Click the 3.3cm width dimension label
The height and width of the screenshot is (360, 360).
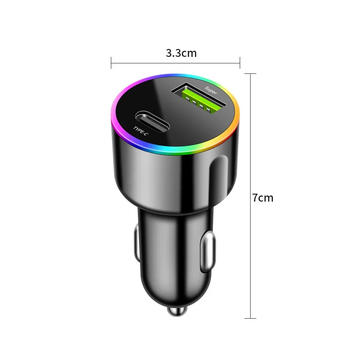point(181,53)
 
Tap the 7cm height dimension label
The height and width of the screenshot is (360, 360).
point(263,198)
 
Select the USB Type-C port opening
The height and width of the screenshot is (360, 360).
point(152,121)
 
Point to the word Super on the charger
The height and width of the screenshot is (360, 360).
point(211,90)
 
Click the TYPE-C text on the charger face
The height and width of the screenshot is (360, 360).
point(140,131)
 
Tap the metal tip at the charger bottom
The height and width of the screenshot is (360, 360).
point(177,311)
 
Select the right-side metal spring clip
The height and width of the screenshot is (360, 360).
point(208,251)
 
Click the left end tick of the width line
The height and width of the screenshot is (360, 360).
point(111,63)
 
